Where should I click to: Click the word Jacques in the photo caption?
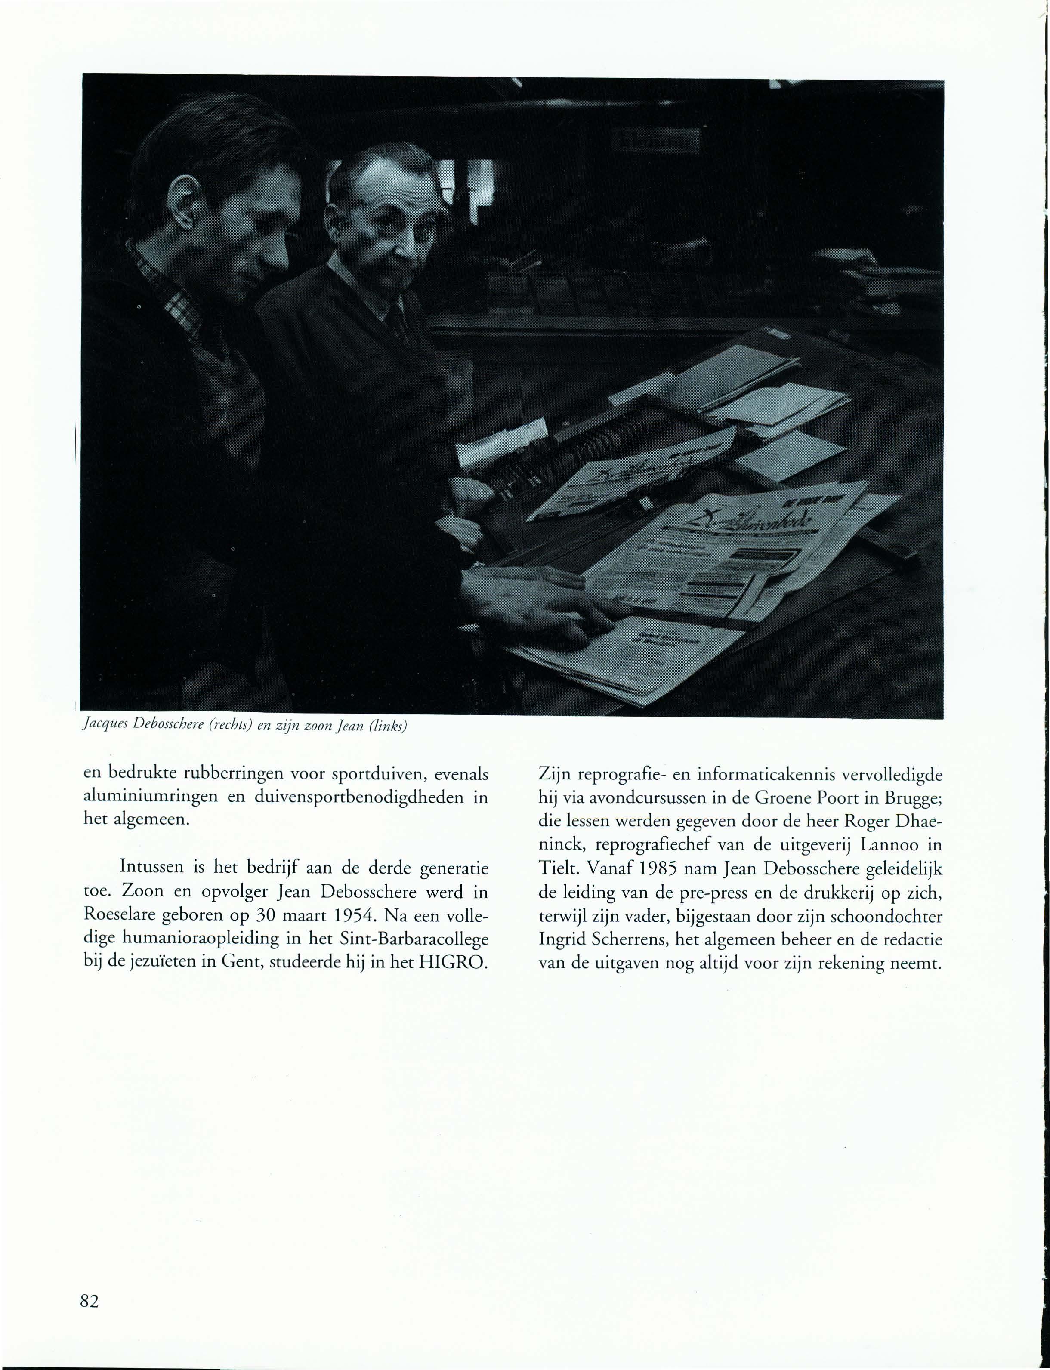click(x=104, y=727)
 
